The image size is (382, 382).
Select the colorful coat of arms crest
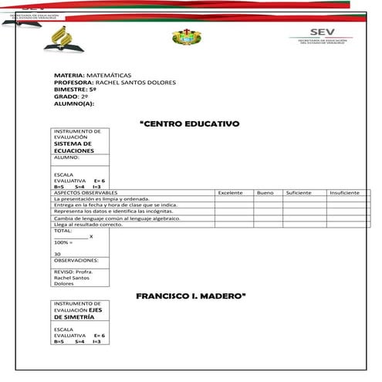184,37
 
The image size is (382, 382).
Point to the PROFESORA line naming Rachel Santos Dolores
115,82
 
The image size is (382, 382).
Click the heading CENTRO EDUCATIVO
190,123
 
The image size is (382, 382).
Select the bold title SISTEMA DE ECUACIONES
73,147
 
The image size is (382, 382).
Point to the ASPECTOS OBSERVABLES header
85,191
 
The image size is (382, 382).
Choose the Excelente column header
231,191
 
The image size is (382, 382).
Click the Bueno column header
265,191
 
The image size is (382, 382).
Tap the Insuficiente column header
344,191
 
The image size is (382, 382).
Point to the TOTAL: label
63,231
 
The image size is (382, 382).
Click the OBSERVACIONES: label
76,261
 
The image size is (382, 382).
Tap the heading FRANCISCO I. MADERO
191,296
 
